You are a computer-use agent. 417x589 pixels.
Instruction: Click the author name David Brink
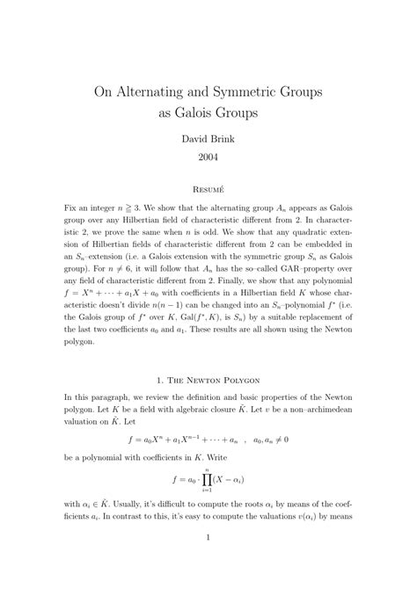[x=208, y=139]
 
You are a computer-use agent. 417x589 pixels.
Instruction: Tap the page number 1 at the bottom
[x=208, y=564]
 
